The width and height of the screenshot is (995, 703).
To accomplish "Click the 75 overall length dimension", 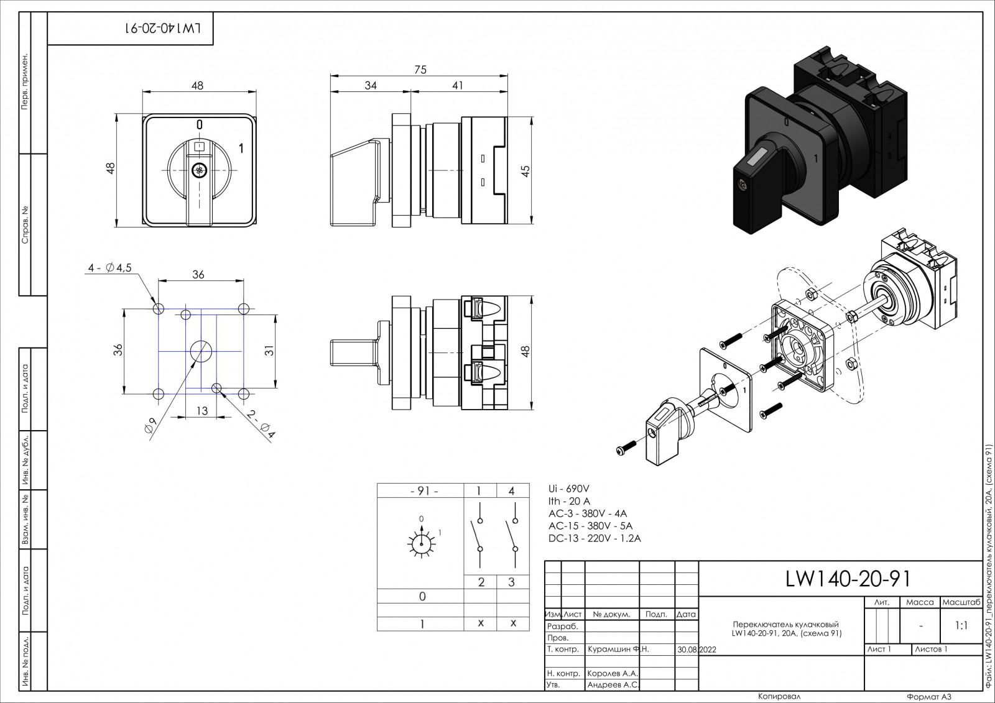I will (420, 70).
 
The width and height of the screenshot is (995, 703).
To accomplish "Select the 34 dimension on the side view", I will (371, 85).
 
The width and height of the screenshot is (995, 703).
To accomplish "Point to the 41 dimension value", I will (458, 85).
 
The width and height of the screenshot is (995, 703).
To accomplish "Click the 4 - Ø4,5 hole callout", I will (109, 268).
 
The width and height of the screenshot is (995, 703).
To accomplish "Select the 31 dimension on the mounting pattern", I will (269, 351).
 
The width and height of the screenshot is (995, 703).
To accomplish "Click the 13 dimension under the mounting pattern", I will (202, 411).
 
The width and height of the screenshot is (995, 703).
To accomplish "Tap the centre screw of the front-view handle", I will (199, 170).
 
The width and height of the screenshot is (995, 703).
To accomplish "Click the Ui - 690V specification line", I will (569, 489).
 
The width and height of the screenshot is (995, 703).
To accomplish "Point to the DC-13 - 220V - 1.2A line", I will (595, 538).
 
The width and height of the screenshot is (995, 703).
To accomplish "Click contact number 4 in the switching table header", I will (512, 490).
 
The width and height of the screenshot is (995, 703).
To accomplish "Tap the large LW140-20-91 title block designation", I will (848, 579).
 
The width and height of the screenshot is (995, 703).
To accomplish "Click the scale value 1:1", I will (961, 626).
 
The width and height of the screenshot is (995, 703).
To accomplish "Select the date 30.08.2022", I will (697, 649).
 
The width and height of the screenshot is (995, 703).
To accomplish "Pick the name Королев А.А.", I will (613, 673).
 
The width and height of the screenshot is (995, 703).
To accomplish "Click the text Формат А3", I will (929, 697).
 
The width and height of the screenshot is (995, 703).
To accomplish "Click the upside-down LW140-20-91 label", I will (166, 28).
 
